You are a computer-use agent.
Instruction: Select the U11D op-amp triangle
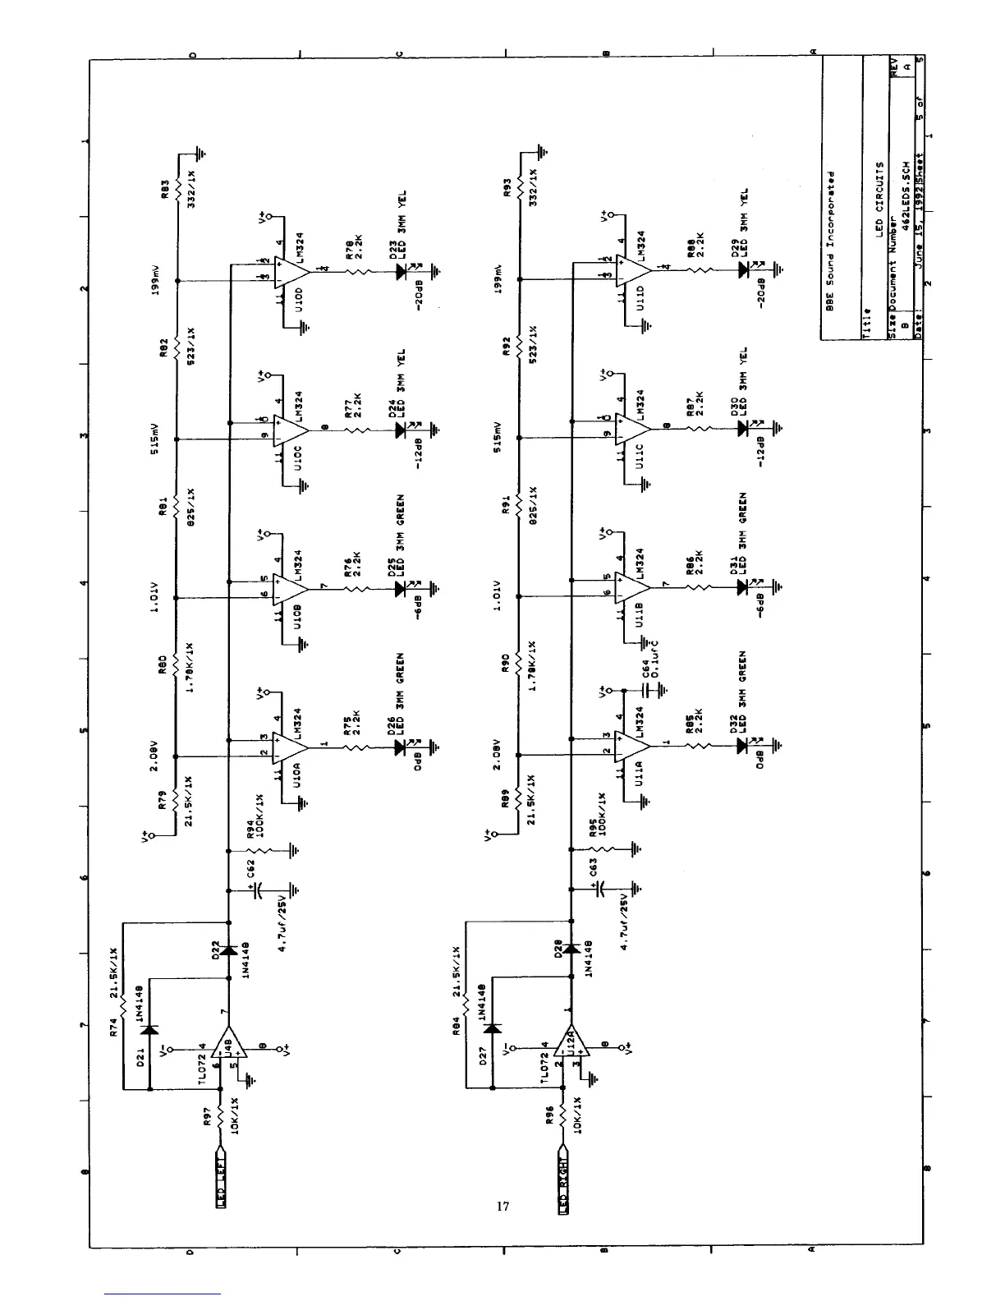(635, 271)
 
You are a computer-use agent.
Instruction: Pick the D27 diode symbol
(493, 1027)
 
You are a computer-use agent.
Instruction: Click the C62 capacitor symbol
(259, 892)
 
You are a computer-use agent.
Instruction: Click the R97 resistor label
(208, 1114)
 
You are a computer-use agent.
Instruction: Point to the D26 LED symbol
(402, 747)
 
